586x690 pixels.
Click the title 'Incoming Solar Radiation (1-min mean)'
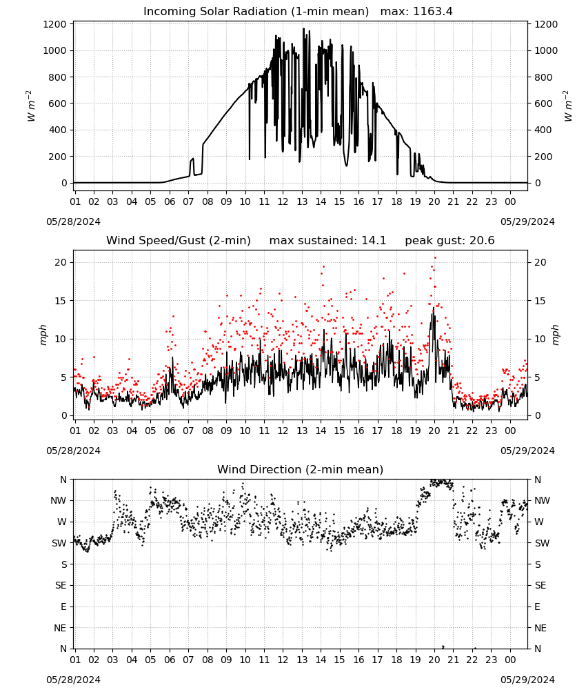coord(256,12)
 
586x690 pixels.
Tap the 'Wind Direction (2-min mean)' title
coord(301,469)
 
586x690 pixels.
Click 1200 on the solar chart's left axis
coord(54,24)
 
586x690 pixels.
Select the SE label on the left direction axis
coord(61,585)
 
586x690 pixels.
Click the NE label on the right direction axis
coord(540,628)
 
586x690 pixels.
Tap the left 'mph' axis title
coord(43,335)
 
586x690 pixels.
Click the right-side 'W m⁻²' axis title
coord(567,106)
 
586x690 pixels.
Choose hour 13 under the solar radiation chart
coord(302,201)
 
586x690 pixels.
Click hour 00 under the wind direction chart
coord(510,660)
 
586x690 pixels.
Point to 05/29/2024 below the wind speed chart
coord(527,451)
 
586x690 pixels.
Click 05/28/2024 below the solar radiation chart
coord(73,221)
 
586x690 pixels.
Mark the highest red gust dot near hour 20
coord(435,258)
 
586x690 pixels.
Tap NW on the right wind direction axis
coord(542,500)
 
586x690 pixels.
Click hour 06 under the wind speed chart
coord(170,431)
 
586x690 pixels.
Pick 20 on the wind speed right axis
coord(540,263)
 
